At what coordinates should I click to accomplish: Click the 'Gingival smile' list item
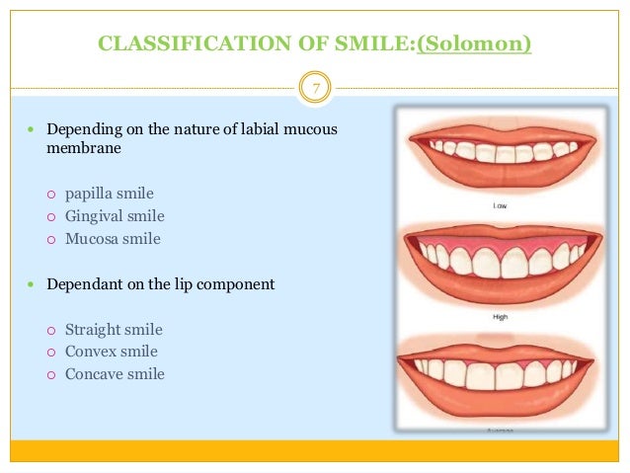[115, 215]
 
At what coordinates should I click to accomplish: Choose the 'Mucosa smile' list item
[112, 238]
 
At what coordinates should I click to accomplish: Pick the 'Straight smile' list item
[114, 330]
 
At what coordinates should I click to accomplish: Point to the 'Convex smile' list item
[111, 352]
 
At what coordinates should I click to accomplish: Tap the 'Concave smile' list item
[115, 374]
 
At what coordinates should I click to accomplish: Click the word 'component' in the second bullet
[240, 284]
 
